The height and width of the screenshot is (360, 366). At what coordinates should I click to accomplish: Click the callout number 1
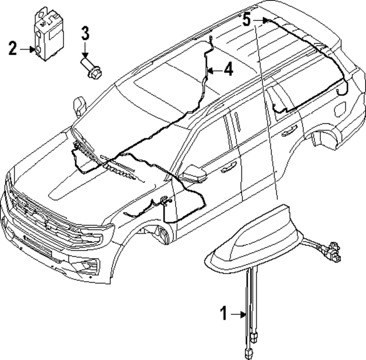225,313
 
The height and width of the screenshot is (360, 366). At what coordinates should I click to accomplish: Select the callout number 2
13,49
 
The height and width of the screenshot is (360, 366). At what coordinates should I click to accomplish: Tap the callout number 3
85,33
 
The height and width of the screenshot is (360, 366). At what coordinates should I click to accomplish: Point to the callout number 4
228,70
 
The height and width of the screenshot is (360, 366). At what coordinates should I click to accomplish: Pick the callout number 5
246,20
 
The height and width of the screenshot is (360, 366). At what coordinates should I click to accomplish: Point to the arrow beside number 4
213,70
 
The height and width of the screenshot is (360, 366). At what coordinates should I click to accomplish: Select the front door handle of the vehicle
228,166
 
